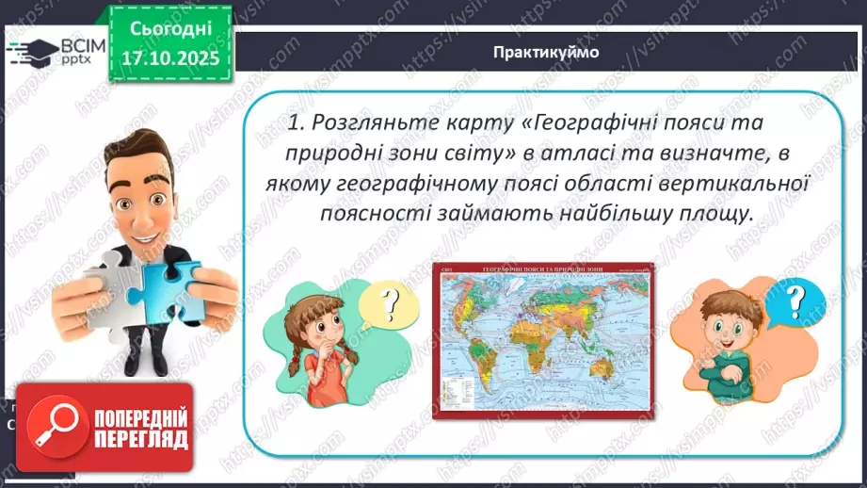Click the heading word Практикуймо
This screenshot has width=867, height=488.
click(545, 52)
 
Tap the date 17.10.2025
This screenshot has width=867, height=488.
click(165, 58)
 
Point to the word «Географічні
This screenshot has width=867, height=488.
click(608, 122)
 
